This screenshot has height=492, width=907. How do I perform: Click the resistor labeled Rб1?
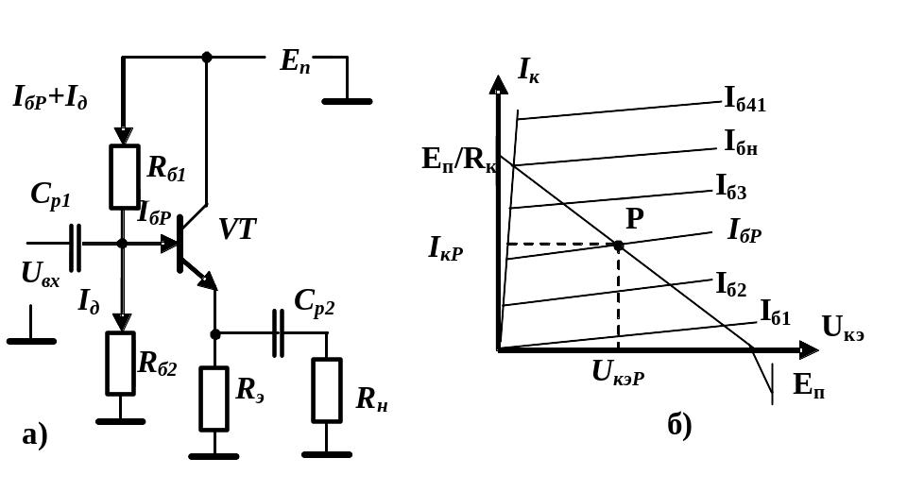click(125, 177)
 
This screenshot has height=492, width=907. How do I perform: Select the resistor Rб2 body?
click(120, 364)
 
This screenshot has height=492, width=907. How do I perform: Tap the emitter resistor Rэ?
click(214, 399)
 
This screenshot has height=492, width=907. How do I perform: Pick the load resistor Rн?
click(327, 390)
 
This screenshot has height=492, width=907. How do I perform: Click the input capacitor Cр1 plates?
click(76, 247)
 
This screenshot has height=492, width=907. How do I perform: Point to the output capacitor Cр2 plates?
click(278, 333)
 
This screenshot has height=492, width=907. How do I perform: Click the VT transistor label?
click(237, 229)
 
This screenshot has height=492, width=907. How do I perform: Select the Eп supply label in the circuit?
click(296, 60)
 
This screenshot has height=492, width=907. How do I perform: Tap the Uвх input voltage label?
click(41, 274)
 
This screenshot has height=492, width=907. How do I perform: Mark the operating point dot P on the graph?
click(618, 246)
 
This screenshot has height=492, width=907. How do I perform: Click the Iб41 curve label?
click(745, 100)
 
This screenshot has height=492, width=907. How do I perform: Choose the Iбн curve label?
click(741, 143)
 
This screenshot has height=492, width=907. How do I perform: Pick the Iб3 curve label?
click(731, 187)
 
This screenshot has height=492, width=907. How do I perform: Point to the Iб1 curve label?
click(775, 313)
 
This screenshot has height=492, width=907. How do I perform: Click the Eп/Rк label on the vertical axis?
click(459, 160)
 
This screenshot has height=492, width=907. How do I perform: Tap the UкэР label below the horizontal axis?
click(618, 372)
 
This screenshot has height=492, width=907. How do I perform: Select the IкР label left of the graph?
click(445, 248)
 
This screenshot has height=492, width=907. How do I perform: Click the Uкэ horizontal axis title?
click(843, 329)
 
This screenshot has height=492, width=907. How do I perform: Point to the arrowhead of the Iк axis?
click(498, 84)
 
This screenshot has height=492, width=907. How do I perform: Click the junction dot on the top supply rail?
click(207, 58)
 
